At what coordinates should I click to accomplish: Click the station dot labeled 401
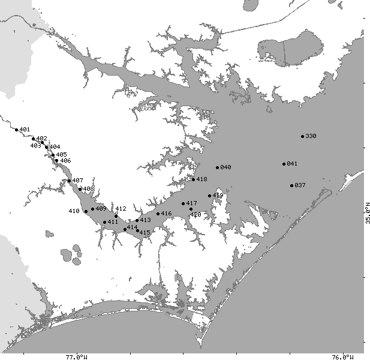click(x=16, y=129)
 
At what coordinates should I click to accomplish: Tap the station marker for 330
click(x=303, y=136)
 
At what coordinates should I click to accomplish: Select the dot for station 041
click(x=284, y=164)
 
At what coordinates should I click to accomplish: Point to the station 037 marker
click(x=291, y=185)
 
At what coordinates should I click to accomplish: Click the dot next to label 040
click(x=218, y=167)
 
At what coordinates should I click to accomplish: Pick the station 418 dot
click(x=193, y=179)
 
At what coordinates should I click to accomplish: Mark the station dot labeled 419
click(x=209, y=196)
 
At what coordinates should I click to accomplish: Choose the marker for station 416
click(x=158, y=214)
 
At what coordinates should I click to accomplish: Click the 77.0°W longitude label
click(x=77, y=356)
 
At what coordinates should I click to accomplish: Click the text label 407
click(x=78, y=180)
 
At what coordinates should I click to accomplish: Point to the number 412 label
click(x=121, y=209)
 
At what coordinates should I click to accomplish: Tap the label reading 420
click(x=195, y=214)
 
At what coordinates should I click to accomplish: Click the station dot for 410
click(x=86, y=211)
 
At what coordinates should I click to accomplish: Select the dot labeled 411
click(x=105, y=222)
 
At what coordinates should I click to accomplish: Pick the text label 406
click(x=65, y=160)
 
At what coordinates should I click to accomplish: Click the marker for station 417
click(x=184, y=204)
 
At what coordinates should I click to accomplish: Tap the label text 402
click(x=41, y=139)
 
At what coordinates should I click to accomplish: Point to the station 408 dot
click(x=80, y=189)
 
